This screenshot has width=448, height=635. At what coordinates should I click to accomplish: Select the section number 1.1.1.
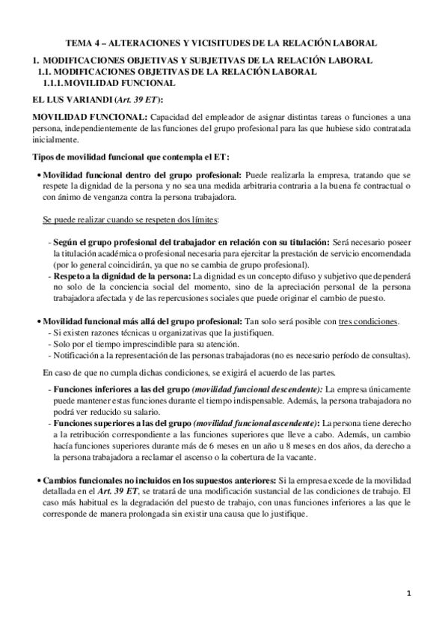click(x=59, y=82)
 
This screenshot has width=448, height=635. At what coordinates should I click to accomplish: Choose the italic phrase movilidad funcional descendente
click(x=258, y=391)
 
